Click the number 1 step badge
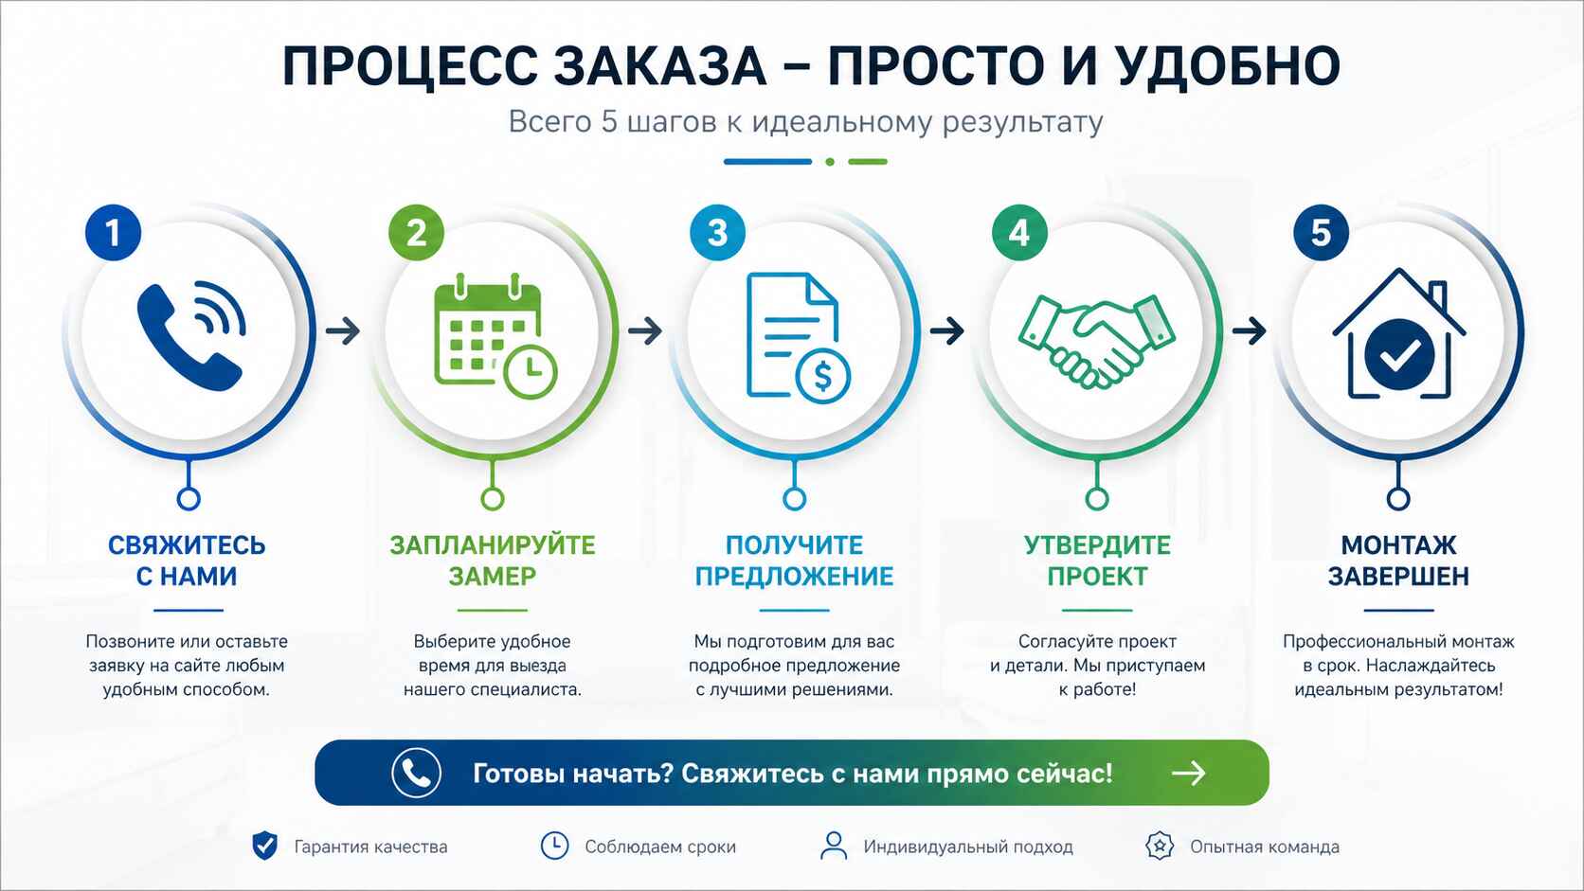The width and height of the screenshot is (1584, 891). [x=113, y=233]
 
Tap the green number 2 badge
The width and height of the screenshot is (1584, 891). [x=416, y=233]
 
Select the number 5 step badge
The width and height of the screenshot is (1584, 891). [x=1321, y=233]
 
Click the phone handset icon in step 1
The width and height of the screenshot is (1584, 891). [x=189, y=336]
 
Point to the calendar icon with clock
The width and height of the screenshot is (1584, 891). [x=494, y=336]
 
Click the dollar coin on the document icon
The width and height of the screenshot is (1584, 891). [x=822, y=376]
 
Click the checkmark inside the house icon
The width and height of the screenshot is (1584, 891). [x=1399, y=355]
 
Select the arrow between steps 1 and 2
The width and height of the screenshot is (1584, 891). [x=343, y=330]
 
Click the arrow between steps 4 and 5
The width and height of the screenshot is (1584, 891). [x=1250, y=330]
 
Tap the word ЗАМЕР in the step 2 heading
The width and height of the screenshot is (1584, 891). [x=492, y=576]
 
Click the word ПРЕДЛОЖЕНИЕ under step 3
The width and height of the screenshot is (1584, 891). [x=794, y=576]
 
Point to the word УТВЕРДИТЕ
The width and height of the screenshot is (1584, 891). [x=1097, y=545]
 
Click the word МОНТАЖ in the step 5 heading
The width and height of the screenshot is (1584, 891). [x=1398, y=545]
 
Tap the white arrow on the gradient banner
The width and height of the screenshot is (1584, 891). [x=1188, y=773]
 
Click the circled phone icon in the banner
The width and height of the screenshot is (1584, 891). [x=416, y=773]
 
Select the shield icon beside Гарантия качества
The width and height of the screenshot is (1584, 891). [x=265, y=846]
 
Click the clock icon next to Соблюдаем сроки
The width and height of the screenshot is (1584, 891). [x=554, y=846]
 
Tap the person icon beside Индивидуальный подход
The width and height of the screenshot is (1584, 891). [x=834, y=846]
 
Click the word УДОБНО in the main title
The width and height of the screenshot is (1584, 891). [x=1227, y=66]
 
